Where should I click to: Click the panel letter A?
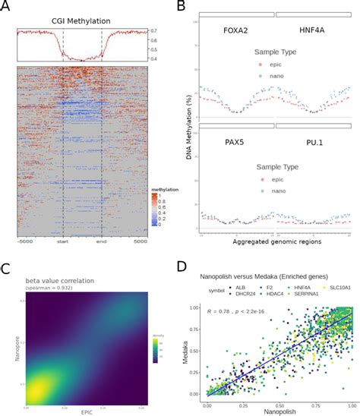(x=6, y=7)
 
